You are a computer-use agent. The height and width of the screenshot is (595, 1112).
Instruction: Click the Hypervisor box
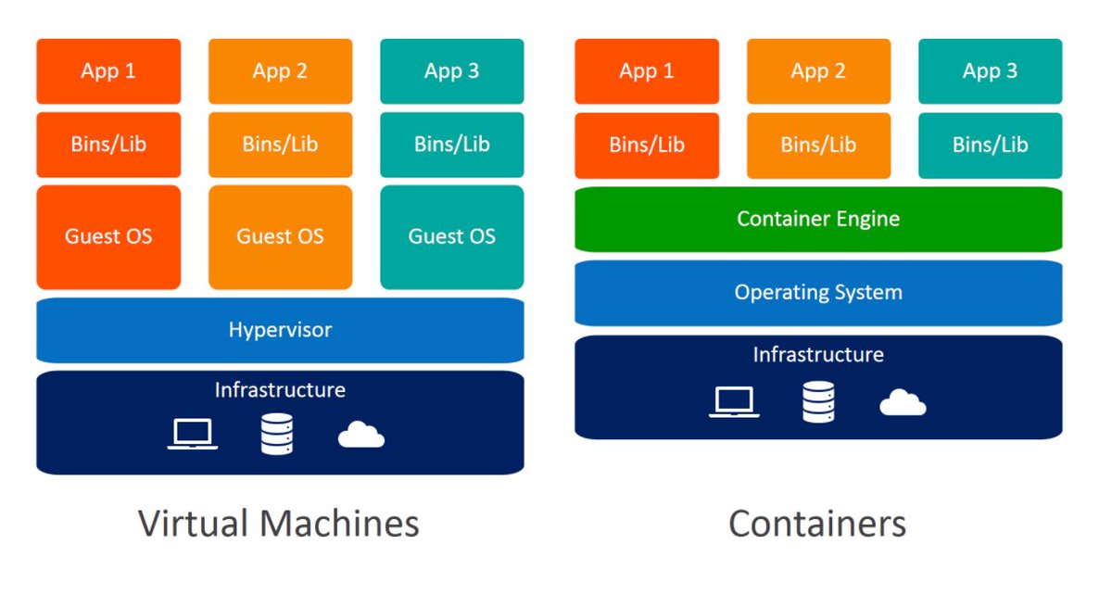coord(280,330)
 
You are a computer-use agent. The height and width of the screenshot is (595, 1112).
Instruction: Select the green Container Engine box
coord(818,220)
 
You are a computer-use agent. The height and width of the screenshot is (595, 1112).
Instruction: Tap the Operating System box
coord(818,293)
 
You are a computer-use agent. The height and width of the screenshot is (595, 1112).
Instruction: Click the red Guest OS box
coord(108,237)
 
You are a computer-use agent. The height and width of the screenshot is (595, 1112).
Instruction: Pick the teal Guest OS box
coord(451,237)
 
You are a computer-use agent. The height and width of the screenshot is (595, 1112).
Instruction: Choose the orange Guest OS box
coord(280,237)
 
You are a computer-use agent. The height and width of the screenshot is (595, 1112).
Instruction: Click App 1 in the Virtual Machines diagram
coord(108,71)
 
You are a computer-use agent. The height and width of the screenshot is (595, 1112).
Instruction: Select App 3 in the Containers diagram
coord(990,71)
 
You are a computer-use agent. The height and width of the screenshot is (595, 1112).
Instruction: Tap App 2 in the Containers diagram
coord(818,71)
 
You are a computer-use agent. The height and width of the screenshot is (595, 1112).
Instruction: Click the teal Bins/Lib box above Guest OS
coord(451,145)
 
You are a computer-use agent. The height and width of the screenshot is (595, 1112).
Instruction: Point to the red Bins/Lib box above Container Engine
coord(647,145)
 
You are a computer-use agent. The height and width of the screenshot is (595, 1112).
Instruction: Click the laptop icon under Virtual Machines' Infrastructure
coord(193,434)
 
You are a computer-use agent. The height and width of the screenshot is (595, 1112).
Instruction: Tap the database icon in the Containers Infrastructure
coord(818,402)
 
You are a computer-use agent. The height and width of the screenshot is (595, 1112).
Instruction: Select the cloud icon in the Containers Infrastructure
coord(903,402)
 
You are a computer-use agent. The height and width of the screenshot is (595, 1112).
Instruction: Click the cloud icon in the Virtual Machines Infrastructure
coord(361,435)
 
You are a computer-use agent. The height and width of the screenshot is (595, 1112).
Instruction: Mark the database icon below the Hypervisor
coord(277,434)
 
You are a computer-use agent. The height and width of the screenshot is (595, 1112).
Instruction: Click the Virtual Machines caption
coord(279,524)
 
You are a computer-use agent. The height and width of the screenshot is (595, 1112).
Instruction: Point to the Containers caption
coord(817,524)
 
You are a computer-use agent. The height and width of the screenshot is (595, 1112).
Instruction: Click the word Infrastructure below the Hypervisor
coord(280,390)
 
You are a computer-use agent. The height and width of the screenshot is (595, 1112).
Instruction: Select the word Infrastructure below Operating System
coord(818,355)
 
